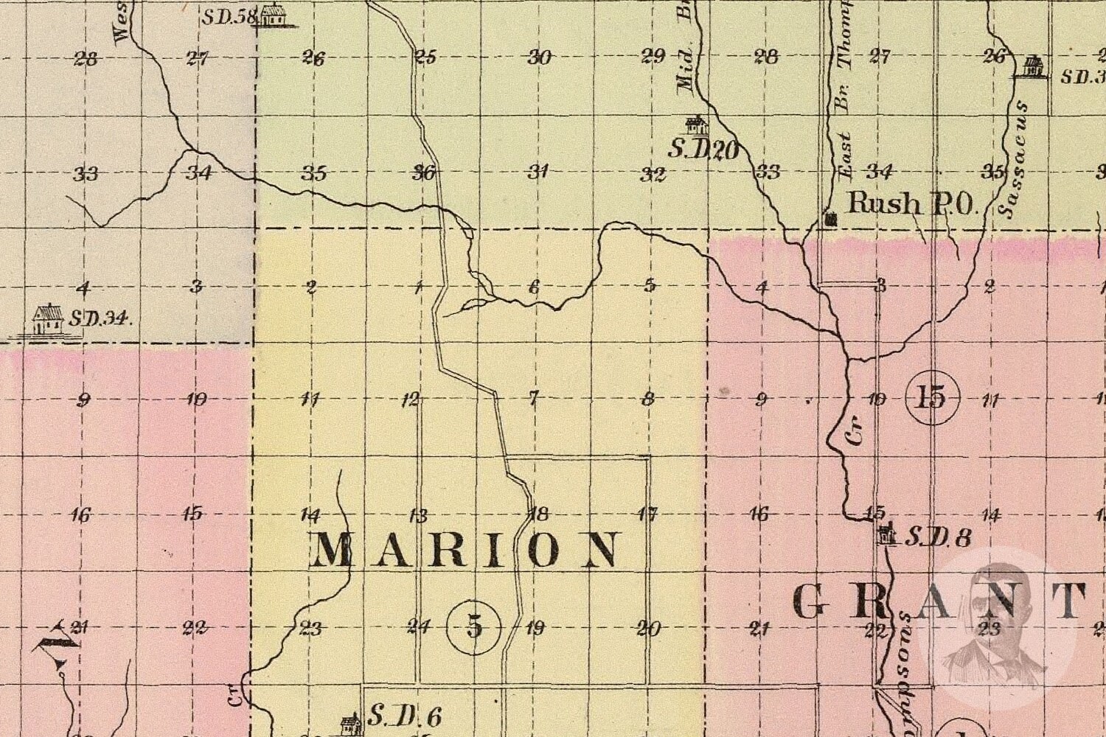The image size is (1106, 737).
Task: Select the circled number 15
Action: pyautogui.click(x=932, y=398)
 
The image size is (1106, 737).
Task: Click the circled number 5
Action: pyautogui.click(x=474, y=628)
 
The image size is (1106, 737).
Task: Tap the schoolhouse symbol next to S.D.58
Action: pyautogui.click(x=273, y=15)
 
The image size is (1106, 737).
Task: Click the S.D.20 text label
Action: pyautogui.click(x=703, y=150)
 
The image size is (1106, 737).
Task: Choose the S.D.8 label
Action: pyautogui.click(x=937, y=537)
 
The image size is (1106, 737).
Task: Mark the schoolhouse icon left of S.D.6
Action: pyautogui.click(x=350, y=722)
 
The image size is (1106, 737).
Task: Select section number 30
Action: pyautogui.click(x=540, y=57)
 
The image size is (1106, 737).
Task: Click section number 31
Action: pyautogui.click(x=538, y=172)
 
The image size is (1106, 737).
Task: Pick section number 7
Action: pyautogui.click(x=534, y=399)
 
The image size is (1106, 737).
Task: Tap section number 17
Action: pyautogui.click(x=647, y=514)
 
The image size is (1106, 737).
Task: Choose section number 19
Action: pyautogui.click(x=535, y=628)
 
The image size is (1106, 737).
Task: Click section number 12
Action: pyautogui.click(x=410, y=399)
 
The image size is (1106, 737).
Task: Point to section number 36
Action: pyautogui.click(x=424, y=172)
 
